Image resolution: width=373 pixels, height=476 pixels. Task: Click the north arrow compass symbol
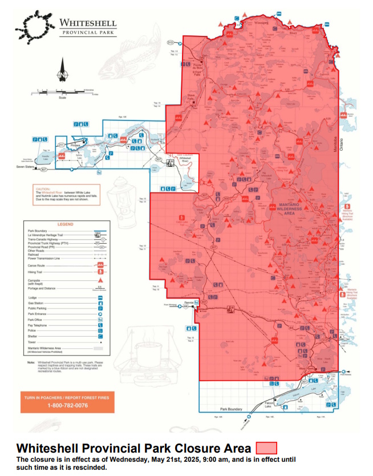(x=62, y=73)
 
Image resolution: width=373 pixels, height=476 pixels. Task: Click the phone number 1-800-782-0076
(x=68, y=405)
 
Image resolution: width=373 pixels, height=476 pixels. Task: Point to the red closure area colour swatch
(x=266, y=448)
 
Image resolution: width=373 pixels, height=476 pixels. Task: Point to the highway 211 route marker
(x=61, y=146)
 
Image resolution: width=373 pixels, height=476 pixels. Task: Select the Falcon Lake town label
(x=269, y=404)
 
